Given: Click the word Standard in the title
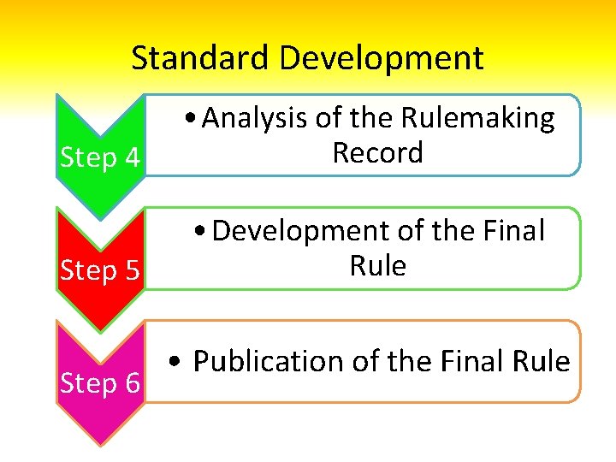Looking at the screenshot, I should [202, 58].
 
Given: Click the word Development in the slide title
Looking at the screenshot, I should [381, 58].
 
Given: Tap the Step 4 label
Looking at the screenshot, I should [100, 158].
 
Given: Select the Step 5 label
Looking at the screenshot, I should [100, 271].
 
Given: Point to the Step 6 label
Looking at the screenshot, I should [100, 384].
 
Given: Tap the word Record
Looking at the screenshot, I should [377, 153].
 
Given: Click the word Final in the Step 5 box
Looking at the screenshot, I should [512, 231].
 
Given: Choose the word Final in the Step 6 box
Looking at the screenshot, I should [474, 362].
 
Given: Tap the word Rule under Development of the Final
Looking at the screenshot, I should [377, 266].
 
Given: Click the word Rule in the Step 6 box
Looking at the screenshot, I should [542, 362].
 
